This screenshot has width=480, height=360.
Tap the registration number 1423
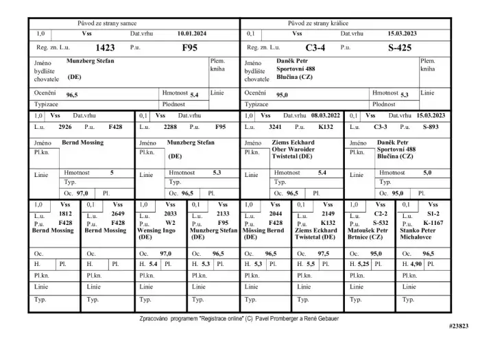point(105,48)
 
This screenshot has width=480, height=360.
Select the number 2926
point(66,127)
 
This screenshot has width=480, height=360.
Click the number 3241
point(275,127)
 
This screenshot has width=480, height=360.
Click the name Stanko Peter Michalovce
point(419,234)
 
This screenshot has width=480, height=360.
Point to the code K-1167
point(433,223)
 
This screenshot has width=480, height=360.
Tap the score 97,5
point(323,254)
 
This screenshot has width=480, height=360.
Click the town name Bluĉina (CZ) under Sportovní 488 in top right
point(294,77)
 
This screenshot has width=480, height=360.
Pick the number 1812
point(65,214)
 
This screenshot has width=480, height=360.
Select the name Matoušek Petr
point(368,230)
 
